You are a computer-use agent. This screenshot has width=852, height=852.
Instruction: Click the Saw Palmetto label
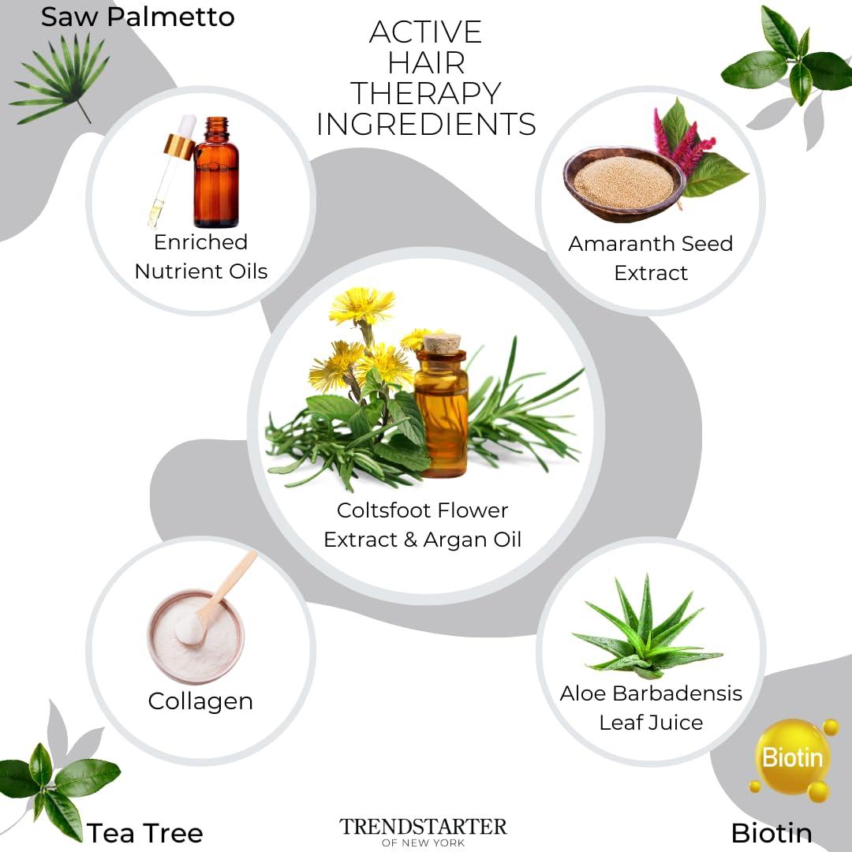pos(137,17)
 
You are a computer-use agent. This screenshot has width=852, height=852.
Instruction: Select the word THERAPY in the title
pos(426,93)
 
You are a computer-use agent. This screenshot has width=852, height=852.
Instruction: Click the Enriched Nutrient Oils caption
pos(200,256)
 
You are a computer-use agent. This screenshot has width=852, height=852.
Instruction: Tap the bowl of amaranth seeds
pos(623,182)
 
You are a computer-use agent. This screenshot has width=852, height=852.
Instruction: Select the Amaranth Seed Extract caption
pos(651,258)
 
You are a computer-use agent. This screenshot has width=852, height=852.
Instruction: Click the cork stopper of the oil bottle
pos(442,344)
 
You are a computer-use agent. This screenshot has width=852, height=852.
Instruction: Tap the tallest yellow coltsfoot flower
pos(362,305)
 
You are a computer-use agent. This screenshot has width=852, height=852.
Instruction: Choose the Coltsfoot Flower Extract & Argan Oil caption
pos(423,525)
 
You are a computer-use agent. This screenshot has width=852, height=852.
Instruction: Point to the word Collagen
pos(200,701)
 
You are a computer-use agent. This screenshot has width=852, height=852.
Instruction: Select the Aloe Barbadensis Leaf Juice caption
pos(651,707)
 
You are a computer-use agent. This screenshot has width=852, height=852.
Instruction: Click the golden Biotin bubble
pos(791,757)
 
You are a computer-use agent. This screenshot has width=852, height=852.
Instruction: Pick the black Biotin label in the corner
pos(771,832)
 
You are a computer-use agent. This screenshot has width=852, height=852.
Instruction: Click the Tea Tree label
pos(145,832)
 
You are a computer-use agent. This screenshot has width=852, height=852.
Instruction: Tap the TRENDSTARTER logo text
pos(424,828)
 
